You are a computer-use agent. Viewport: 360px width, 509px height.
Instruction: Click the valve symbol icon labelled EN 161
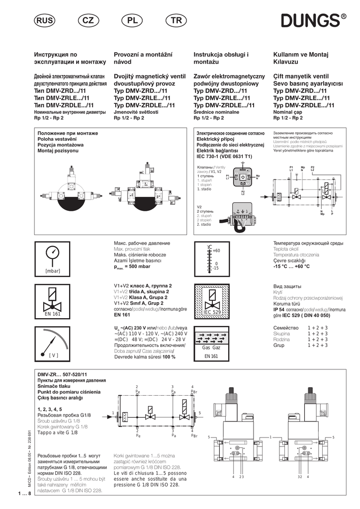tap(52, 300)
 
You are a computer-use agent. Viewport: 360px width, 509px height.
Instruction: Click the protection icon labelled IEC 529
tap(212, 300)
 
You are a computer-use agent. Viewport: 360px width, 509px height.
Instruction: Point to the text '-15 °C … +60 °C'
tap(291, 266)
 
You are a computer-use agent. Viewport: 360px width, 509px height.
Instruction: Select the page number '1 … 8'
tap(23, 493)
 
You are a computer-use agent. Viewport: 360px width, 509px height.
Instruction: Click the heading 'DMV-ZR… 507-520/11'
tap(62, 374)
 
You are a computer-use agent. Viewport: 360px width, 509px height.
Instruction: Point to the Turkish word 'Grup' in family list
tap(279, 345)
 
